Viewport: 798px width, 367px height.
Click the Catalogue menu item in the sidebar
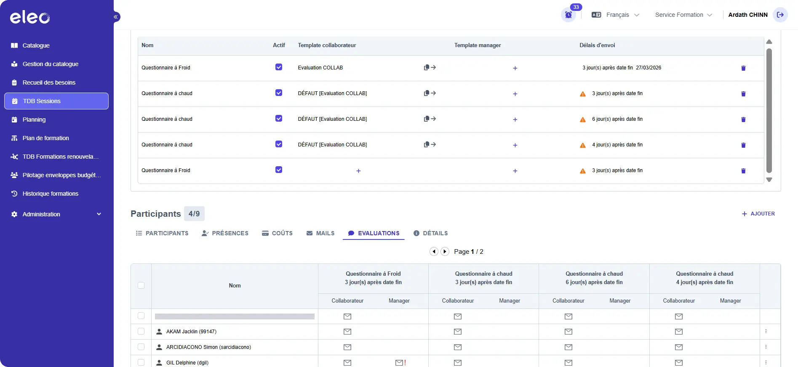tap(36, 45)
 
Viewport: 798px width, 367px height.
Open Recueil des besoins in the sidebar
tap(49, 82)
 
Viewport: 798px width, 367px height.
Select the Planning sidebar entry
tap(34, 120)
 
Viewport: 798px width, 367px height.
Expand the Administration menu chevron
tap(99, 214)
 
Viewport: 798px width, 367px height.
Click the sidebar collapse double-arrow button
tap(116, 17)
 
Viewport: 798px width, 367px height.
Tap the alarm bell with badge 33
tap(568, 15)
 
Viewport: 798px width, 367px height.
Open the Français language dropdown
tap(615, 15)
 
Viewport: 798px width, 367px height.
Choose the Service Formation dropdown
tap(683, 15)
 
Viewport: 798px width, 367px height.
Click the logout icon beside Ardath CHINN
tap(780, 15)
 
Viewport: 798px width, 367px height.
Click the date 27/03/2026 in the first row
tap(649, 68)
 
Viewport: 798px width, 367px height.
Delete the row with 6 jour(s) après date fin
tap(743, 120)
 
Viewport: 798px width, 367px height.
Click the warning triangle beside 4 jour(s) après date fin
tap(583, 145)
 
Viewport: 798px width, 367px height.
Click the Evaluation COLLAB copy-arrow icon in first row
tap(430, 67)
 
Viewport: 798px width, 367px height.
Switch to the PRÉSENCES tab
tap(225, 233)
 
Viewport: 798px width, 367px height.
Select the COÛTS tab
tap(277, 233)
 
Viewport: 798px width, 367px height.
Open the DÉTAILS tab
tap(430, 233)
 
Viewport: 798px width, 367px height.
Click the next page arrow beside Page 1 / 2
tap(445, 251)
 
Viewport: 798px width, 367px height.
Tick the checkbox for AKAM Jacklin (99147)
tap(141, 331)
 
